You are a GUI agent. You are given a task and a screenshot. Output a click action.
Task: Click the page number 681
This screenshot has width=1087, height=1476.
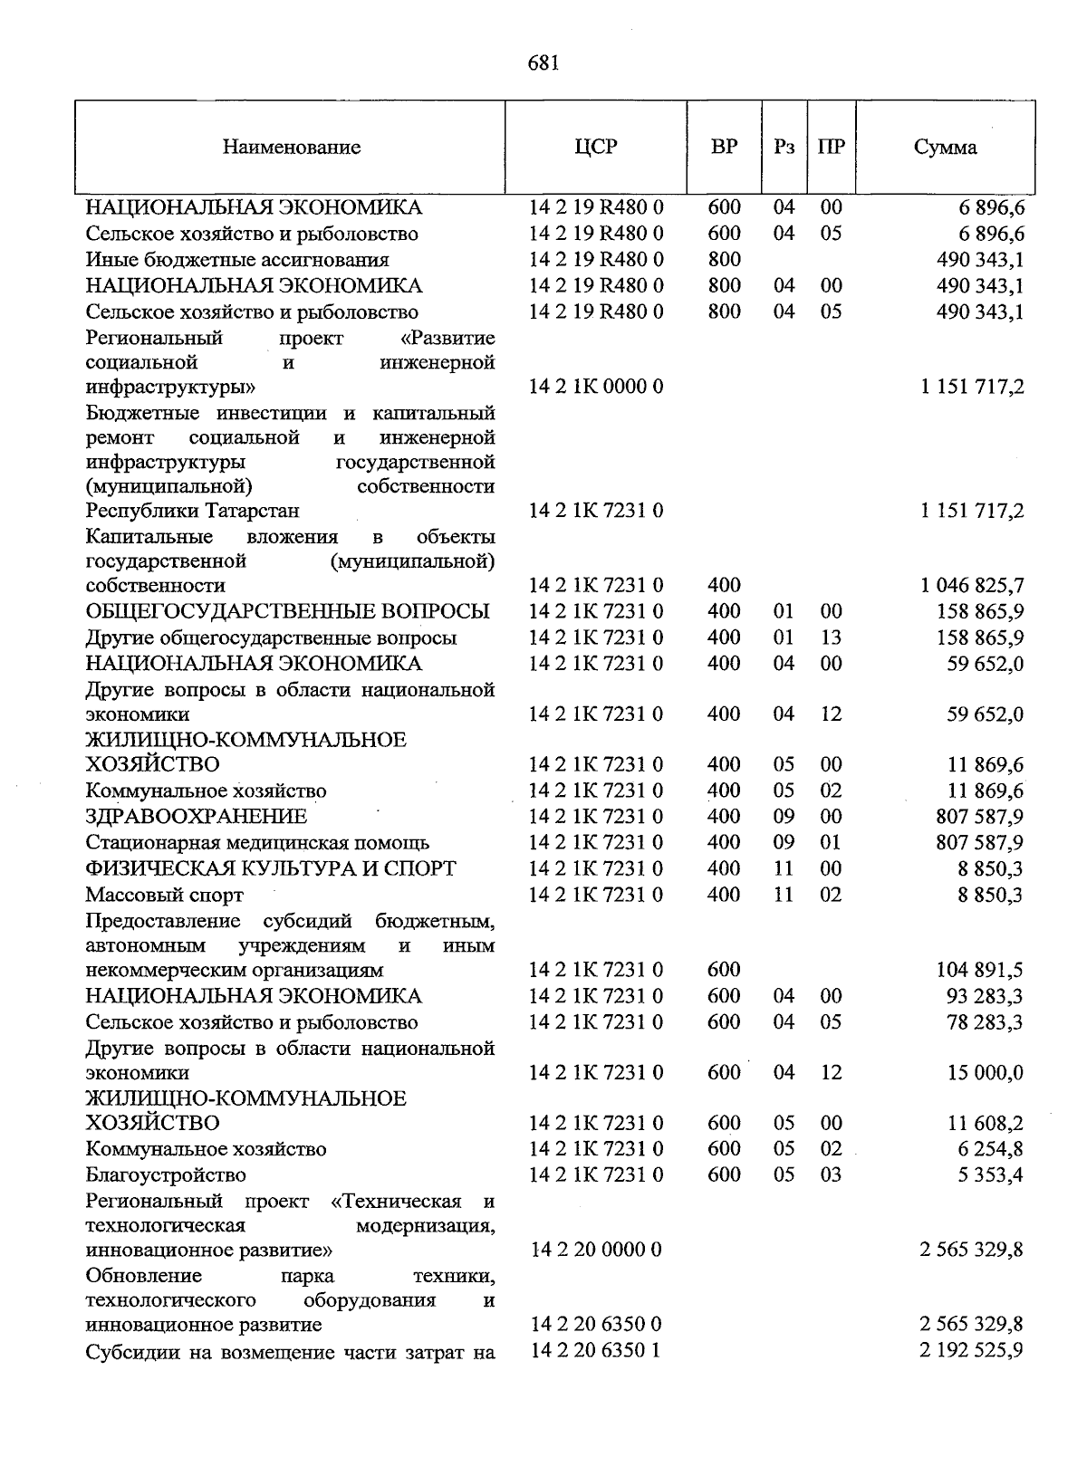(x=543, y=62)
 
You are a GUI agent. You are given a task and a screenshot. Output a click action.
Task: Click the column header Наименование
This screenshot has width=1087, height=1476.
(x=291, y=148)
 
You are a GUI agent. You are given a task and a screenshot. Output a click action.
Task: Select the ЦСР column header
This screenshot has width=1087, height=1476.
(x=595, y=147)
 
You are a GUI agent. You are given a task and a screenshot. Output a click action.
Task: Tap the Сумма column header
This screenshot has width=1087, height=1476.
(x=945, y=148)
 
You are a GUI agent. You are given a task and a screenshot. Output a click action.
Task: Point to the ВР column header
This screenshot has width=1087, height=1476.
(x=724, y=147)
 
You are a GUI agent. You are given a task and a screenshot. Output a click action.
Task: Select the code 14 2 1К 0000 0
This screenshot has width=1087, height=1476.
(x=596, y=388)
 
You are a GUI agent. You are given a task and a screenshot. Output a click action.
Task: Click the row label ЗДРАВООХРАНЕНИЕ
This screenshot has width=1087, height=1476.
(x=197, y=817)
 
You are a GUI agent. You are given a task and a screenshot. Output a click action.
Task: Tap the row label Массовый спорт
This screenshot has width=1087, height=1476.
(x=164, y=895)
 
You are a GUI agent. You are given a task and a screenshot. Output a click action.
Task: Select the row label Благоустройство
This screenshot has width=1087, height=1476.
(x=166, y=1175)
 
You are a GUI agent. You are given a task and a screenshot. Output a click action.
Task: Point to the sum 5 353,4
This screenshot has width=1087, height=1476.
(x=989, y=1175)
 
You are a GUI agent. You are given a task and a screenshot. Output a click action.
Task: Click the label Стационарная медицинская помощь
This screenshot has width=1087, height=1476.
(x=257, y=843)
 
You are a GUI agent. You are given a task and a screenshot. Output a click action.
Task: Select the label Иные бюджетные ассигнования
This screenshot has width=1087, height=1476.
(x=237, y=260)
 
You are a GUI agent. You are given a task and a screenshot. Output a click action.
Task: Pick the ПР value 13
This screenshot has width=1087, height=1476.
(x=831, y=637)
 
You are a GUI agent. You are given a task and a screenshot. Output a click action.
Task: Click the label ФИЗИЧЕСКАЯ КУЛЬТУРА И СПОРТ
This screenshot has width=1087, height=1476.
(x=271, y=868)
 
